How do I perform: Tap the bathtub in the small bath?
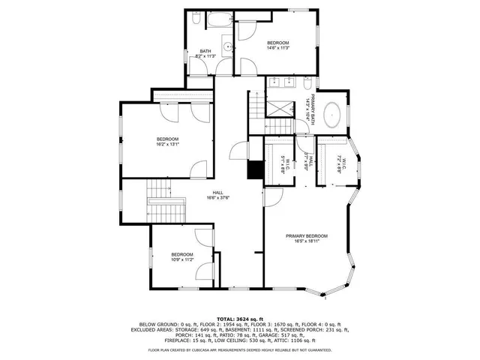[220, 21]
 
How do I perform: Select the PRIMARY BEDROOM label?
[307, 236]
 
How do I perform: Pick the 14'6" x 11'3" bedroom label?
[278, 46]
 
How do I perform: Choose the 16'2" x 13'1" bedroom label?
[168, 141]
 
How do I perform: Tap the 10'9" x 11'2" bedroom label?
[181, 257]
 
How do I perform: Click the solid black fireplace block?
[256, 170]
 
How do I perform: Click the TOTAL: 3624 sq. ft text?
[240, 319]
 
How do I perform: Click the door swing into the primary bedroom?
[272, 196]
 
